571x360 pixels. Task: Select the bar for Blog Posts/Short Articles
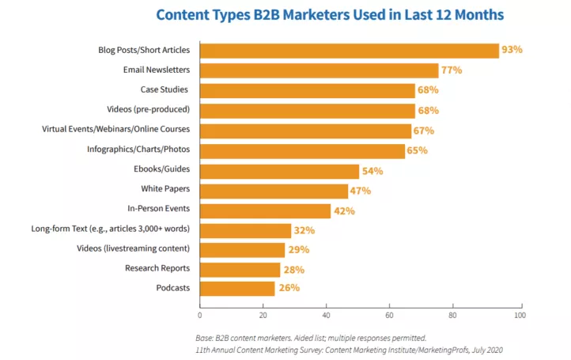pyautogui.click(x=349, y=51)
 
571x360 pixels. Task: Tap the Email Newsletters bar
pyautogui.click(x=319, y=70)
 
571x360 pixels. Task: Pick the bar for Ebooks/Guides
pyautogui.click(x=279, y=170)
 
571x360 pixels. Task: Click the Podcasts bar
pyautogui.click(x=237, y=288)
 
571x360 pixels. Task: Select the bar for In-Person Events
pyautogui.click(x=265, y=210)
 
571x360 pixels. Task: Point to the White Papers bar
pyautogui.click(x=274, y=191)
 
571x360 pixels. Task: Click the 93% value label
pyautogui.click(x=512, y=51)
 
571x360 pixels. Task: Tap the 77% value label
pyautogui.click(x=451, y=70)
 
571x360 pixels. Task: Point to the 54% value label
pyautogui.click(x=372, y=170)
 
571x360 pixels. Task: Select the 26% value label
pyautogui.click(x=288, y=288)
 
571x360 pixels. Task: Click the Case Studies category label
pyautogui.click(x=165, y=90)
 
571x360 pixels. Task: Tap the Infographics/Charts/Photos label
pyautogui.click(x=138, y=150)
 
